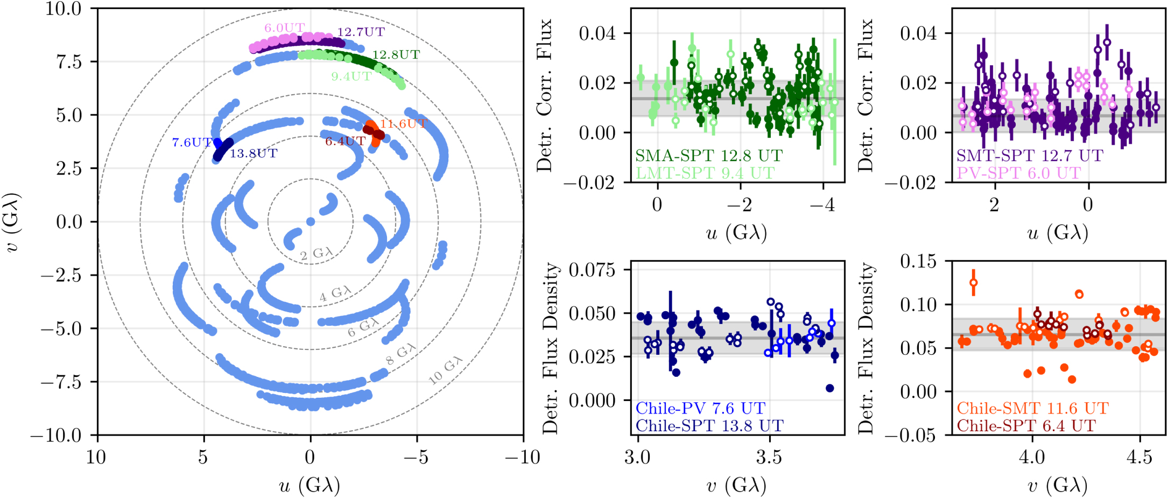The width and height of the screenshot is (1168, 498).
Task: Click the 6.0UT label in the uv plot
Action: pos(284,27)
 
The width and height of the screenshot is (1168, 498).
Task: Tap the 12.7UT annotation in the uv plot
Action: pos(361,32)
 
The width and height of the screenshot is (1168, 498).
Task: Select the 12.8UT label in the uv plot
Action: pos(396,54)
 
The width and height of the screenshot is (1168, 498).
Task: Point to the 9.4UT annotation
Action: pos(351,76)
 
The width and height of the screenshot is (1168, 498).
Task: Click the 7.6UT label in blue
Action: pos(192,143)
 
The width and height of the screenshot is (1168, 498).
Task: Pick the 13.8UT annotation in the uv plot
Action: pos(254,153)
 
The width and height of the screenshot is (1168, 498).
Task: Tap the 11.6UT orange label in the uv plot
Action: pos(403,124)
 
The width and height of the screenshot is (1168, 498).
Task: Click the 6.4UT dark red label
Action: pos(345,141)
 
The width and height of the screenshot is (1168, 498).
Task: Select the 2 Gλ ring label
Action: pos(316,254)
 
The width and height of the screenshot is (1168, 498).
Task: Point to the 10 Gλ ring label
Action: pos(445,370)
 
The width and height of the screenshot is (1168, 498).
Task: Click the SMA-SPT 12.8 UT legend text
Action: pos(709,156)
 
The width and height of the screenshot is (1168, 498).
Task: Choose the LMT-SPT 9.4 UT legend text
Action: pos(705,173)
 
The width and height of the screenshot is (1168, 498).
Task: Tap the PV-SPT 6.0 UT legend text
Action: pos(1018,173)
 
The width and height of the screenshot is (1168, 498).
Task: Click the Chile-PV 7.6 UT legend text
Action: pos(700,408)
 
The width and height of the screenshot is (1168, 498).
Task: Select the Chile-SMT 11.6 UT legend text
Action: pos(1032,408)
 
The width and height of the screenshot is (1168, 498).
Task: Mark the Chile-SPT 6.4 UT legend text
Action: pos(1026,425)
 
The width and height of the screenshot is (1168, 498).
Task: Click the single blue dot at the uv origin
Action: pos(311,221)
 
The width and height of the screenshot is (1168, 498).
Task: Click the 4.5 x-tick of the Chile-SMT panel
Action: pos(1139,457)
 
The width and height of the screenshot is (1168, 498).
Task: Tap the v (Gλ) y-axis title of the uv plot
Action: pos(13,222)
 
